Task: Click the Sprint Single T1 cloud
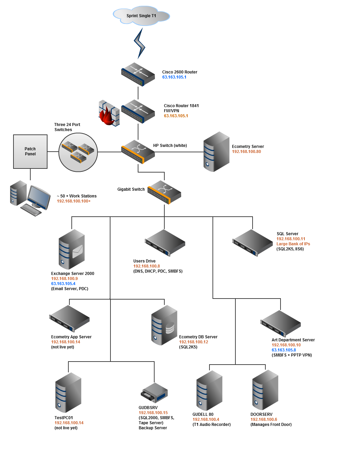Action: point(141,15)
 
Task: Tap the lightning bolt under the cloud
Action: point(139,43)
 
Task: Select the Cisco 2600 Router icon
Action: point(138,74)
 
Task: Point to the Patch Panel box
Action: point(30,152)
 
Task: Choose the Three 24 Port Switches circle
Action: point(78,152)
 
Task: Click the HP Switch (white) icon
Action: point(138,152)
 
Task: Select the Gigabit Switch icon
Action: point(164,192)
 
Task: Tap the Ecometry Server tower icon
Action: point(216,152)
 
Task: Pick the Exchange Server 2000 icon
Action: point(72,249)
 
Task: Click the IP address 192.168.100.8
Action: point(146,266)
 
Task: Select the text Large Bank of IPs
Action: point(293,244)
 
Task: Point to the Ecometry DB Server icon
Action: point(164,325)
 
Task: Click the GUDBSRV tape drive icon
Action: point(154,393)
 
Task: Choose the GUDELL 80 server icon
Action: point(209,391)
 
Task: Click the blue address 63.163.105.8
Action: point(284,350)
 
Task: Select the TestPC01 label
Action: point(64,418)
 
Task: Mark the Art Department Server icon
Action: point(281,324)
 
